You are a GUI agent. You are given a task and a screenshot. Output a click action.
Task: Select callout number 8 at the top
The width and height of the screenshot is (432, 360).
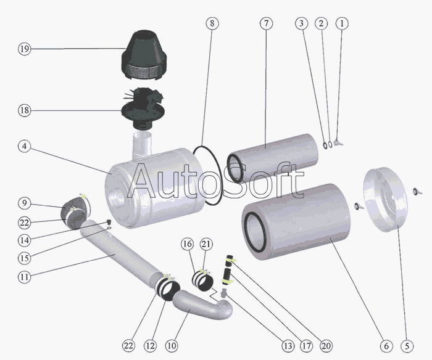pos(212,23)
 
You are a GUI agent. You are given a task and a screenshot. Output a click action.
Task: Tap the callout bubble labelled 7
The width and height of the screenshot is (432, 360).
pos(265,23)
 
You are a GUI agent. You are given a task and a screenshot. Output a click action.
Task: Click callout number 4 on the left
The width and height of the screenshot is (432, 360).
pos(24,147)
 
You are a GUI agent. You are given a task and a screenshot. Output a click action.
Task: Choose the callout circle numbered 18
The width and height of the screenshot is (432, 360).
pos(24,110)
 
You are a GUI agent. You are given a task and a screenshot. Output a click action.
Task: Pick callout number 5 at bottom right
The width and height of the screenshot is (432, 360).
pos(405,345)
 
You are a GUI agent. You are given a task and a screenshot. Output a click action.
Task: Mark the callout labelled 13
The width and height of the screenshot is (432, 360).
pos(272,345)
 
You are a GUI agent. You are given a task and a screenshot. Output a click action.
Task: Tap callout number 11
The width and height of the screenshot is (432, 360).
pos(24,277)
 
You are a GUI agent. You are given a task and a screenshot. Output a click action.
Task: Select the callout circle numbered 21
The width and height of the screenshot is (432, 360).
pos(206,245)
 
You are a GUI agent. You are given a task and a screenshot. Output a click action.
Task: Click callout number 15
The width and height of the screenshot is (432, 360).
pos(24,258)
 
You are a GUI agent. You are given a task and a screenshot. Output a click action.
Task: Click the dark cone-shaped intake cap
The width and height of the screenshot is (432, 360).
pos(143,52)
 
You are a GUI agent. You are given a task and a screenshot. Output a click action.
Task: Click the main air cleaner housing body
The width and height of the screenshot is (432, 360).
pos(154,185)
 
